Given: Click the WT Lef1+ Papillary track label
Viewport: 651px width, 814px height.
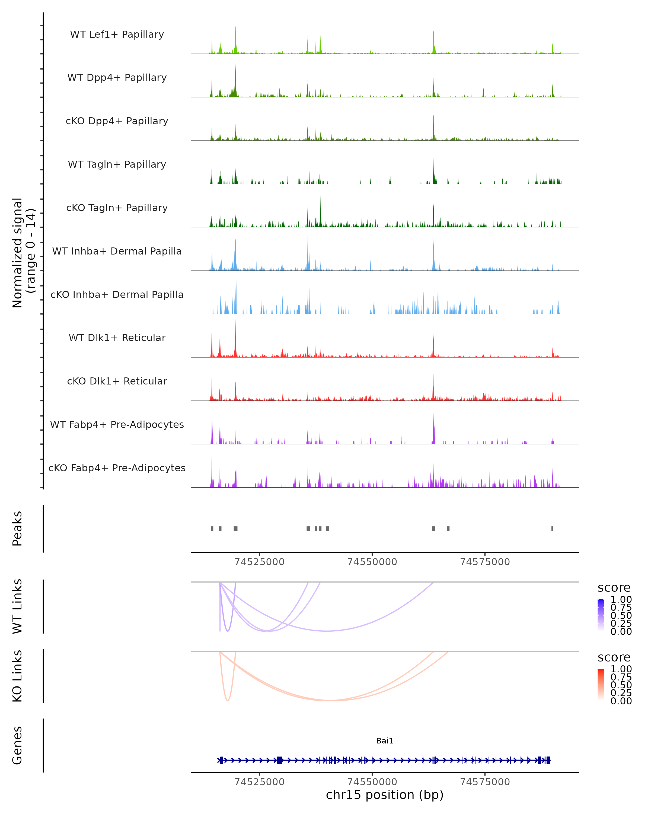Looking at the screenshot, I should [x=117, y=34].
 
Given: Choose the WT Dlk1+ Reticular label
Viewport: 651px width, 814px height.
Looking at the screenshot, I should [x=117, y=338].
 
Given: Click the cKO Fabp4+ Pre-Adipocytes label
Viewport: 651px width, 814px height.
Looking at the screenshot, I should [x=117, y=468].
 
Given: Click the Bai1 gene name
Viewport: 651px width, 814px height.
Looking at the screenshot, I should [x=385, y=741].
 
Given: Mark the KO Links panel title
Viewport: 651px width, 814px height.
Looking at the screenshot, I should [x=17, y=676].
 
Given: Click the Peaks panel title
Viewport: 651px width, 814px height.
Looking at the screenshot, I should [x=17, y=528].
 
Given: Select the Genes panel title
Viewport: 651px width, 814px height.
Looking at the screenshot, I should [x=17, y=745].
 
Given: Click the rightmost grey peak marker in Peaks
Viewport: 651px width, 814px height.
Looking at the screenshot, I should [x=552, y=529].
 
